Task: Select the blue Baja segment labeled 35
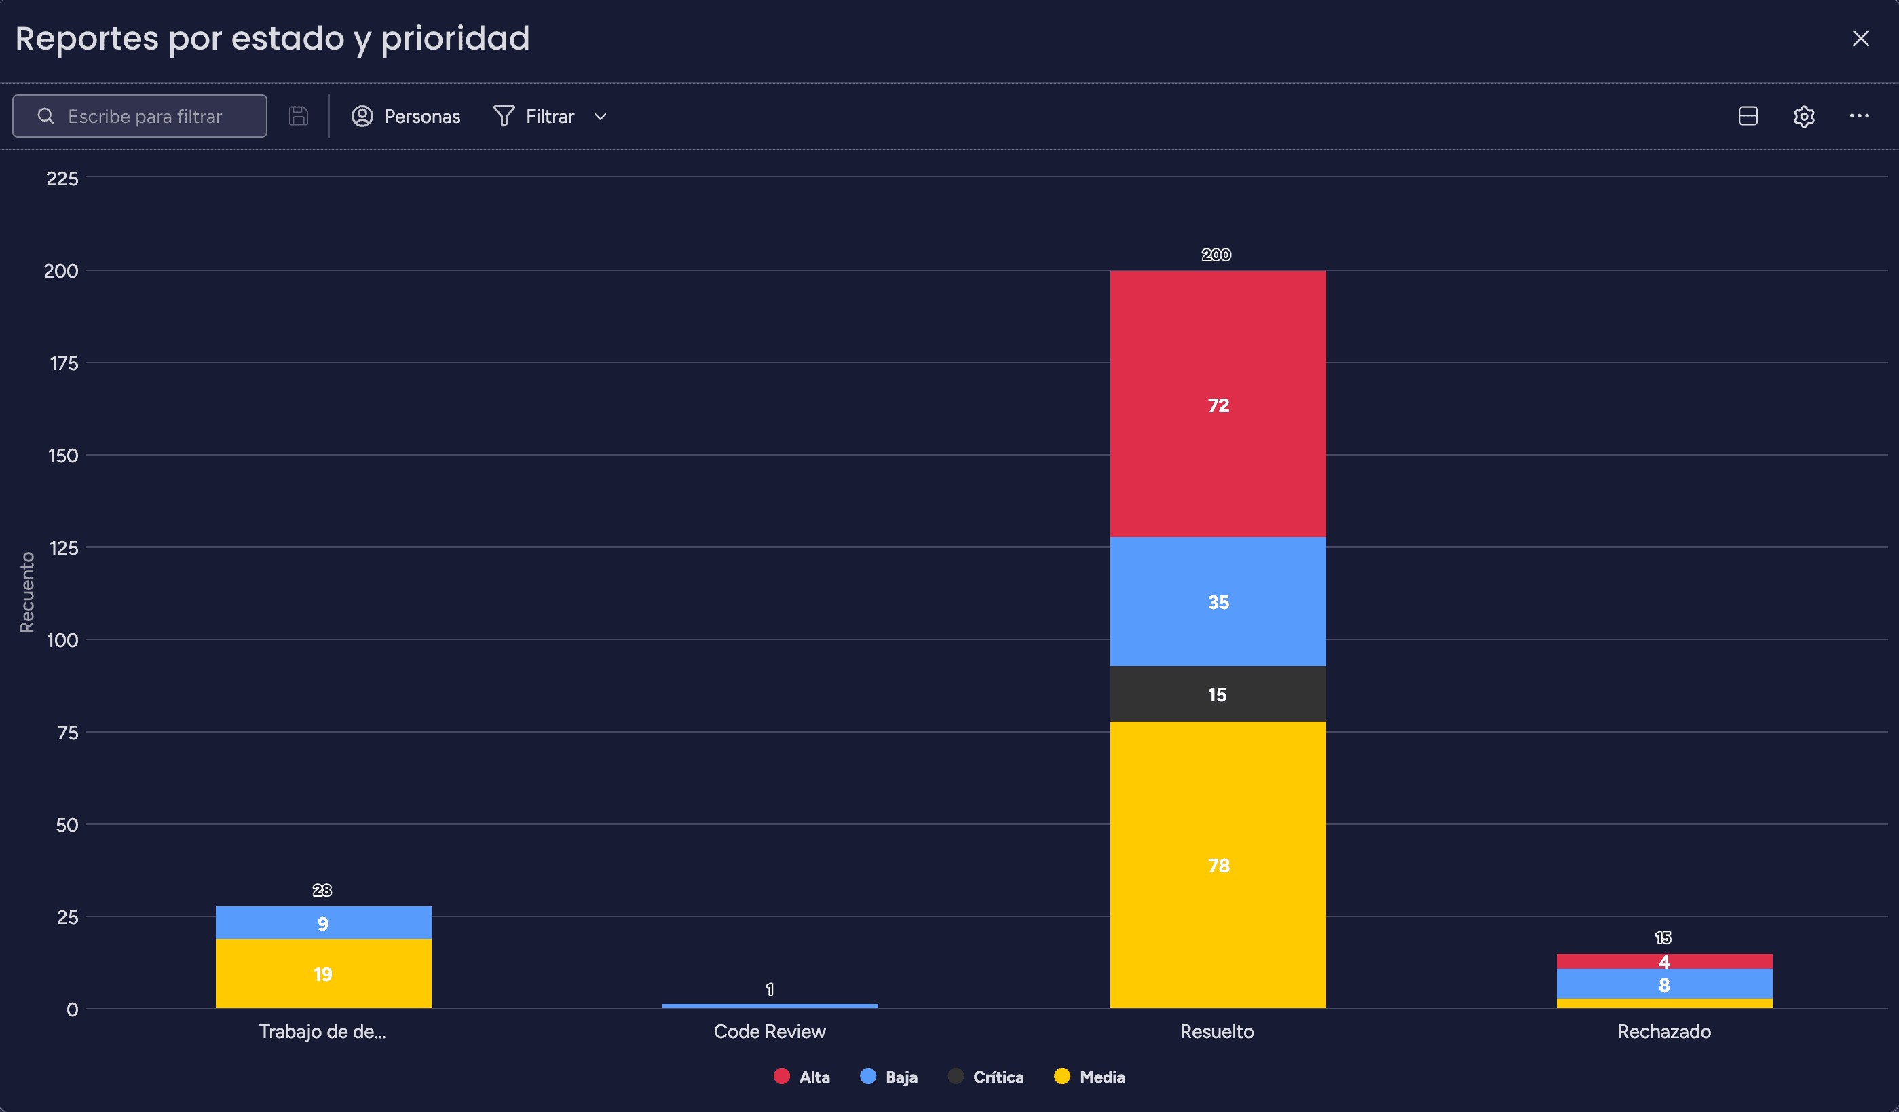pyautogui.click(x=1217, y=601)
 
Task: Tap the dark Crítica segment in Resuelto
pyautogui.click(x=1217, y=694)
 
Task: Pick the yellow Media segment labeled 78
pyautogui.click(x=1217, y=864)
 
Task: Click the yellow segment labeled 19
pyautogui.click(x=322, y=974)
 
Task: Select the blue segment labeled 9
pyautogui.click(x=322, y=923)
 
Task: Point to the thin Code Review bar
pyautogui.click(x=770, y=1005)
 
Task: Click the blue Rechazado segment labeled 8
pyautogui.click(x=1664, y=984)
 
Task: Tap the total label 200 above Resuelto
pyautogui.click(x=1216, y=255)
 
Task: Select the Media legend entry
pyautogui.click(x=1090, y=1077)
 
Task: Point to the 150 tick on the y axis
pyautogui.click(x=63, y=456)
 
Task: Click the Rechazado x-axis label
pyautogui.click(x=1664, y=1031)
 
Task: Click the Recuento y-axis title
pyautogui.click(x=27, y=592)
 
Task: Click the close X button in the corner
pyautogui.click(x=1860, y=39)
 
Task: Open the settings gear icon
pyautogui.click(x=1803, y=116)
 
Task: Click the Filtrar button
pyautogui.click(x=549, y=116)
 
